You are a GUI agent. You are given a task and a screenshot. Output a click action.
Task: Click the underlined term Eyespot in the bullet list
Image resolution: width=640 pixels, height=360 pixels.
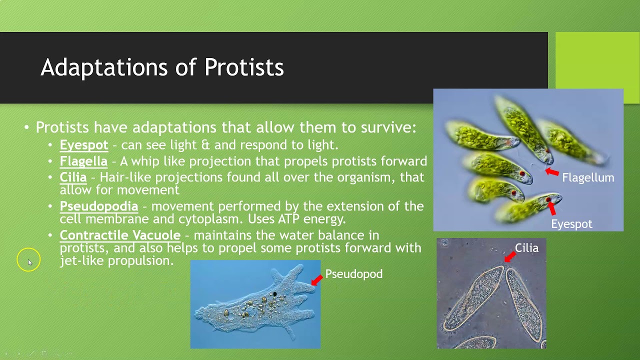[x=83, y=145]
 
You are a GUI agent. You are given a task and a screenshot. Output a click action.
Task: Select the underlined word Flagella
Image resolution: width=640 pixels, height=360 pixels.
[x=83, y=161]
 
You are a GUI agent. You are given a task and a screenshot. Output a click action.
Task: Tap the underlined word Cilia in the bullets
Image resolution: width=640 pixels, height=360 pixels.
[x=73, y=177]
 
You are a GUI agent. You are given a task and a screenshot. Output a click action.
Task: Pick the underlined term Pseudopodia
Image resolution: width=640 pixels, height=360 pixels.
[x=99, y=206]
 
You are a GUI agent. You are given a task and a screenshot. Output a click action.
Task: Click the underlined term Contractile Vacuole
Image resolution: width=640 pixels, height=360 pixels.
[x=120, y=235]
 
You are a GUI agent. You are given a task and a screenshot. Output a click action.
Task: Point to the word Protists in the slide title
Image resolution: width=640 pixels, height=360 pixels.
[x=244, y=67]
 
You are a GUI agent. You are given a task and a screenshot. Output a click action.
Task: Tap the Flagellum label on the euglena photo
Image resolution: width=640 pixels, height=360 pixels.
[x=588, y=177]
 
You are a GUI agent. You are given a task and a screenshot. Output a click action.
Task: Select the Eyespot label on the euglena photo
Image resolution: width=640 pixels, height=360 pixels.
[x=571, y=224]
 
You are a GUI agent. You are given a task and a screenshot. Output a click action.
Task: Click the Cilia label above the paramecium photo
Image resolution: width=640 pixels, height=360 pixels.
[x=526, y=247]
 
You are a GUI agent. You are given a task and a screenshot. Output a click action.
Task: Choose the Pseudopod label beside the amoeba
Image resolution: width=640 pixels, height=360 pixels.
[x=353, y=273]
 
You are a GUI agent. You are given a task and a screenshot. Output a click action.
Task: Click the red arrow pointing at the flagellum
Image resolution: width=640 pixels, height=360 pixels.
[x=552, y=171]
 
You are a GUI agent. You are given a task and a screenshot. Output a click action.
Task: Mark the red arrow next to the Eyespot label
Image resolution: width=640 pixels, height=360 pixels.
[x=551, y=208]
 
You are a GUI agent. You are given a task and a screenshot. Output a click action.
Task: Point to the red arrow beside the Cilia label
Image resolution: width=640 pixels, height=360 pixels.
[x=510, y=256]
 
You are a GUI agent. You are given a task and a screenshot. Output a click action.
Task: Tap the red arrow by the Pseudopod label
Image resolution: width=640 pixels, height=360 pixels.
[x=317, y=280]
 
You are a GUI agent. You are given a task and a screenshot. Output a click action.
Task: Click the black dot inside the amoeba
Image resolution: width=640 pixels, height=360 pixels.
[x=275, y=293]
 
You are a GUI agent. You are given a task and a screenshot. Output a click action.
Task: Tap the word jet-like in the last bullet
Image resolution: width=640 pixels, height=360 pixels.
[x=81, y=260]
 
